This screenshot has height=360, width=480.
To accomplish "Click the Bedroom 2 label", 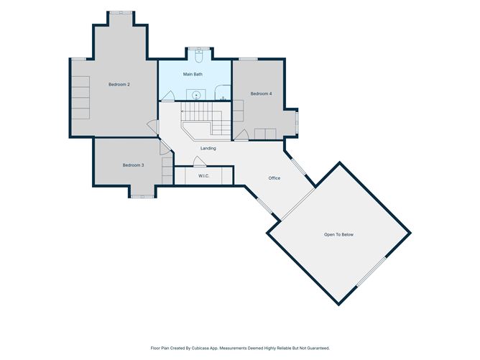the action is pyautogui.click(x=119, y=85).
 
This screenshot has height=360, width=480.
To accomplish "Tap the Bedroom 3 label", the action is pyautogui.click(x=133, y=165).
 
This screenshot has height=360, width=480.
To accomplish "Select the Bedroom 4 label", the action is pyautogui.click(x=261, y=93).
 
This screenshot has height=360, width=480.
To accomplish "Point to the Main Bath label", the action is pyautogui.click(x=193, y=74).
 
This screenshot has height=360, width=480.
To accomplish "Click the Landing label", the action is pyautogui.click(x=208, y=149).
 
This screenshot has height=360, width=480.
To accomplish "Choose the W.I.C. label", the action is pyautogui.click(x=203, y=176).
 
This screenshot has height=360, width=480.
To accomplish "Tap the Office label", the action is pyautogui.click(x=274, y=178).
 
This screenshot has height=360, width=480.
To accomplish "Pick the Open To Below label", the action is pyautogui.click(x=338, y=234).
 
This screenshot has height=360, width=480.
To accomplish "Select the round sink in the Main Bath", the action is pyautogui.click(x=196, y=96).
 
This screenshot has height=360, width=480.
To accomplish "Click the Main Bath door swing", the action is pyautogui.click(x=167, y=96).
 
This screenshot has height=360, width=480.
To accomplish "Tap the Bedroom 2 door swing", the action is pyautogui.click(x=152, y=127).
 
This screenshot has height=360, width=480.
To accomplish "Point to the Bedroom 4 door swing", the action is pyautogui.click(x=241, y=135).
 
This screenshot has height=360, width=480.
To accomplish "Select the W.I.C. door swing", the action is pyautogui.click(x=199, y=162).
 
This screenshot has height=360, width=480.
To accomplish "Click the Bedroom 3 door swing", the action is pyautogui.click(x=165, y=147).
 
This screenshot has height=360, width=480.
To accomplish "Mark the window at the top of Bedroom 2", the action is pyautogui.click(x=121, y=12).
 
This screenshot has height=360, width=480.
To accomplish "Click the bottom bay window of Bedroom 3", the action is pyautogui.click(x=142, y=196).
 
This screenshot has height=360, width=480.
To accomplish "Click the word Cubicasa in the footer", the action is pyautogui.click(x=200, y=348).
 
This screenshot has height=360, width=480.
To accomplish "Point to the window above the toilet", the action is pyautogui.click(x=199, y=48).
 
